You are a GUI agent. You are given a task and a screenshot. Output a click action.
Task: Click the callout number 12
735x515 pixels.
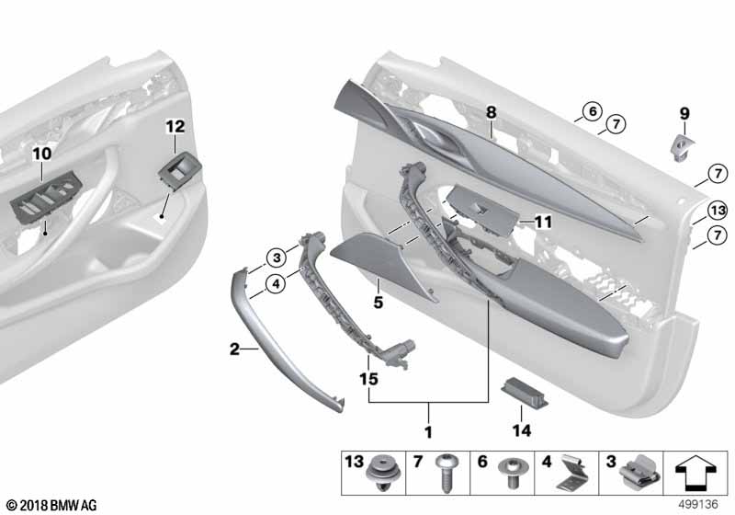click(x=175, y=127)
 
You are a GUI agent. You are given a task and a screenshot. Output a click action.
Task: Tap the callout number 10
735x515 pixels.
click(x=41, y=153)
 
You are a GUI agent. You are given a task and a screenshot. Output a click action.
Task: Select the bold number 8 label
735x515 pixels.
click(x=491, y=112)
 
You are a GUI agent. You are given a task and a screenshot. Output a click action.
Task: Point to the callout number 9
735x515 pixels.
click(x=684, y=113)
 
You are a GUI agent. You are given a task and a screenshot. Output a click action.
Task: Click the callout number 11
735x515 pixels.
click(x=543, y=222)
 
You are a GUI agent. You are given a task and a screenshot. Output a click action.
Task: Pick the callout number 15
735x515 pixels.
click(x=368, y=379)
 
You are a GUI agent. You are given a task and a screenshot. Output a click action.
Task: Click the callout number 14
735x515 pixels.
click(x=522, y=430)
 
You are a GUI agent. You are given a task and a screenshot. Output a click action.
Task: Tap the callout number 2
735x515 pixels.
click(x=234, y=349)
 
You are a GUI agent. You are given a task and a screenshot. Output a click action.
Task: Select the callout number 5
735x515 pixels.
click(x=379, y=303)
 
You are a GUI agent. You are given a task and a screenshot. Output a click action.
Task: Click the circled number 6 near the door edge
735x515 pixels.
click(x=593, y=111)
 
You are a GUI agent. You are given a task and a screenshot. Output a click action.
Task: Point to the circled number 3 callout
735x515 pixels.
click(x=277, y=257)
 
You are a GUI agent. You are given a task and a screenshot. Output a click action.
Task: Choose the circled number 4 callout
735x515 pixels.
click(x=276, y=284)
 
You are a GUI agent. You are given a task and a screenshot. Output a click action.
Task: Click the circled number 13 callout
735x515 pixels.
click(x=718, y=210)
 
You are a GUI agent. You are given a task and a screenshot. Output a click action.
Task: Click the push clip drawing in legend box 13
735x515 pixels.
click(x=383, y=473)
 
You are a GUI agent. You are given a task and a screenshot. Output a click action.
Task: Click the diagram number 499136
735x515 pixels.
click(x=698, y=504)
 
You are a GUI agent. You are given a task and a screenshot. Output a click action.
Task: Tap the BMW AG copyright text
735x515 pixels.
click(x=52, y=505)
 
